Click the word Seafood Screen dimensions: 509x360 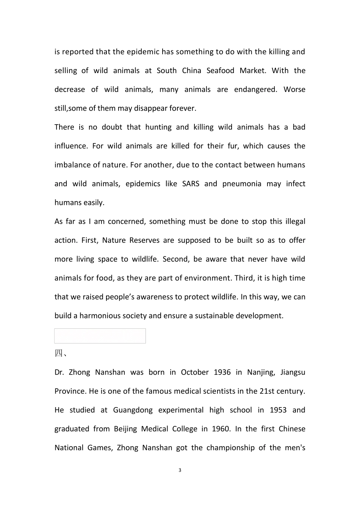coord(221,71)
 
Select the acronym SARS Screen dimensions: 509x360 coord(191,184)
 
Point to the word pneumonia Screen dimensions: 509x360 coord(242,184)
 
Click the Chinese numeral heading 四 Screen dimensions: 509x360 coord(59,353)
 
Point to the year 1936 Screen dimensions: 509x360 coord(222,372)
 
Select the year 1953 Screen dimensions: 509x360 coord(278,410)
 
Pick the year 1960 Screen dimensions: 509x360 coord(221,429)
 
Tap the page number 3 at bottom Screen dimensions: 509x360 coord(180,470)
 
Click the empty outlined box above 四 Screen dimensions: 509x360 coord(100,336)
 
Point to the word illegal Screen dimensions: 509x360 coord(295,222)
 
